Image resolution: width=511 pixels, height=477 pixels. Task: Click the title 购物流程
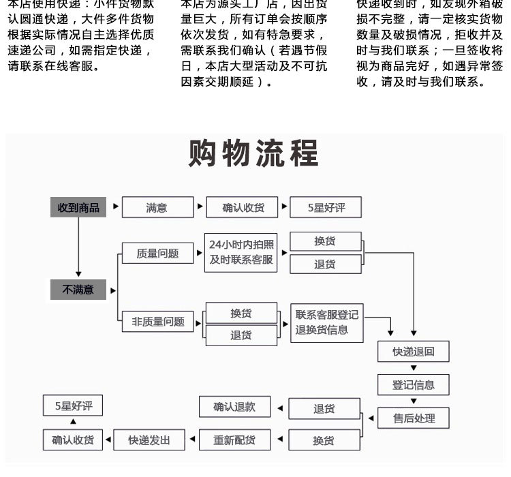253,154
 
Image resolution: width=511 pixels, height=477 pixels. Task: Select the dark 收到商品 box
78,208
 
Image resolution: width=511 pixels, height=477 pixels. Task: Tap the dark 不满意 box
78,290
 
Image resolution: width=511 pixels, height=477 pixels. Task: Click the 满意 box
157,208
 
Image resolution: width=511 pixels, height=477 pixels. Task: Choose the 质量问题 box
157,253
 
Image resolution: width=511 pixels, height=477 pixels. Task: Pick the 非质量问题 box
158,322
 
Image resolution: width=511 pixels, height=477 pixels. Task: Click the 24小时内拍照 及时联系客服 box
241,252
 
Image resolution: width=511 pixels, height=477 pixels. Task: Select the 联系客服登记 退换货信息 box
326,322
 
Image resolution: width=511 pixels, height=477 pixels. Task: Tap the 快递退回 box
413,352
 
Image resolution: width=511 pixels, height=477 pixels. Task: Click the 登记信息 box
413,385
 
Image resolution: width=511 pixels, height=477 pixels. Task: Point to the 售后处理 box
413,418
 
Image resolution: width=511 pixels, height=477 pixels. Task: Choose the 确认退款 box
234,407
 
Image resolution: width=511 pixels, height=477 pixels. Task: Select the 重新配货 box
234,440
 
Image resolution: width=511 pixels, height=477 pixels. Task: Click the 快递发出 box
149,440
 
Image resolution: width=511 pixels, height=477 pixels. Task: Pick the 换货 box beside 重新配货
324,441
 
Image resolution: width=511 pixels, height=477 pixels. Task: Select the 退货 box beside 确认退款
324,409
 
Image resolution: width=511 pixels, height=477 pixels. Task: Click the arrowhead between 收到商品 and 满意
116,206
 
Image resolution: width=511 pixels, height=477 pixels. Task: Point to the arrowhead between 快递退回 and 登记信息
414,369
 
